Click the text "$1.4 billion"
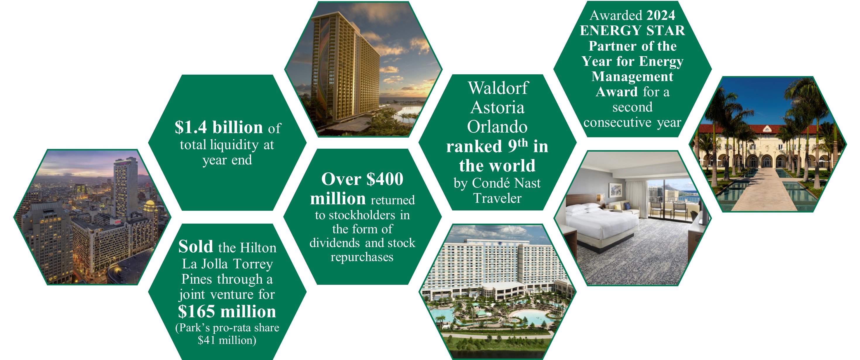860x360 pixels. click(x=219, y=128)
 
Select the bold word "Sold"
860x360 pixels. click(x=196, y=247)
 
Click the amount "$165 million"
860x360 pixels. click(x=227, y=312)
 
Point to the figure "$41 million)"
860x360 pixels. click(x=227, y=340)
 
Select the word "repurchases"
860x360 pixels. click(x=362, y=257)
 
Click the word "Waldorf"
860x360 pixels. click(x=498, y=88)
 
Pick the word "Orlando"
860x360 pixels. click(x=497, y=127)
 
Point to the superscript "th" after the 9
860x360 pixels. click(x=523, y=143)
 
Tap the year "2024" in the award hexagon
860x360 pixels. click(x=660, y=15)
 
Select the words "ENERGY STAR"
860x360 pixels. click(x=632, y=31)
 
